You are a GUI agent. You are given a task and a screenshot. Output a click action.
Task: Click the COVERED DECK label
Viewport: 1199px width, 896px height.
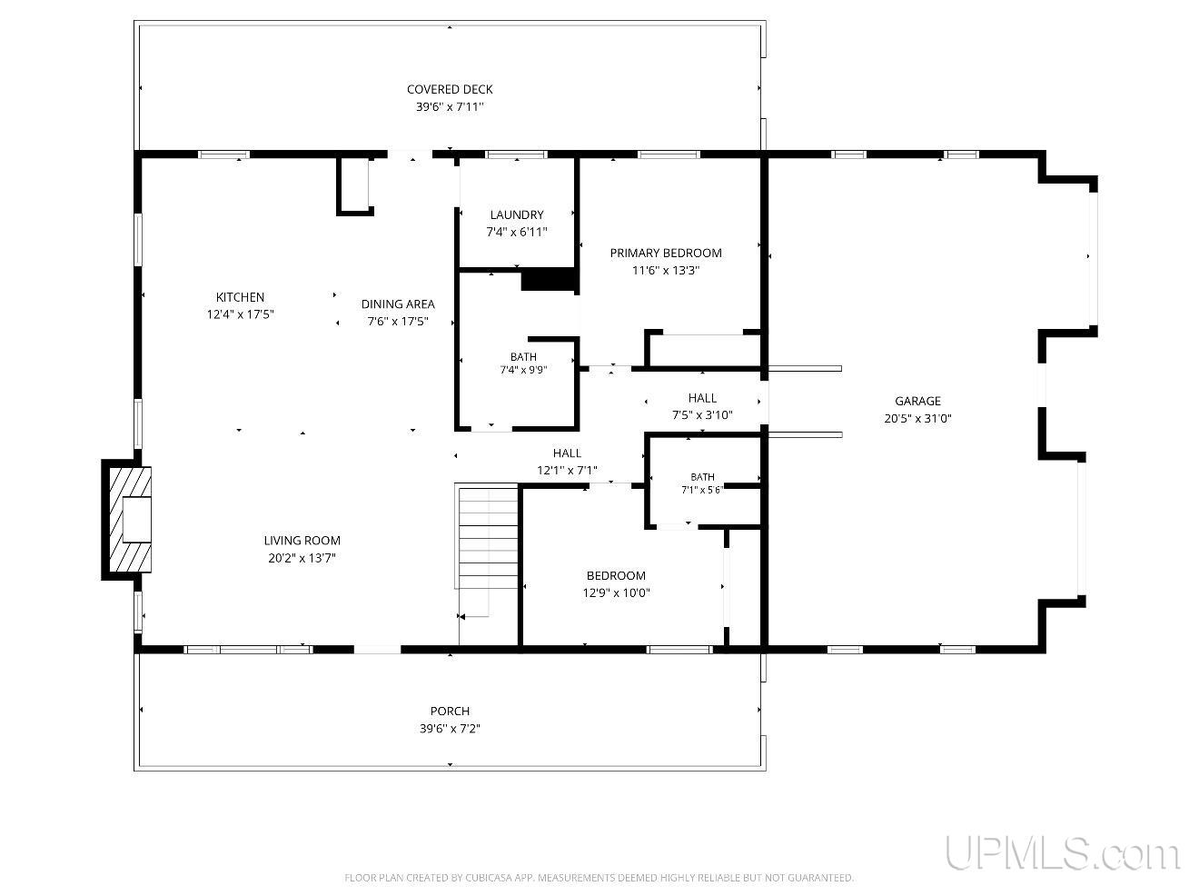(450, 89)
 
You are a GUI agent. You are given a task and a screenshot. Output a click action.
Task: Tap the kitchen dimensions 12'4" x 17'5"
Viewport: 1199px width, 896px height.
(240, 314)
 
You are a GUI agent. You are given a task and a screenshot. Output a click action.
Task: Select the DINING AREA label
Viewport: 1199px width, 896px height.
(398, 304)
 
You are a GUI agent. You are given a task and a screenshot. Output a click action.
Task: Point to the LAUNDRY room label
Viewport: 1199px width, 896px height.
(517, 214)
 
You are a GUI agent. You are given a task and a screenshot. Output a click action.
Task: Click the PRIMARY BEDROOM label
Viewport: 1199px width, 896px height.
(666, 253)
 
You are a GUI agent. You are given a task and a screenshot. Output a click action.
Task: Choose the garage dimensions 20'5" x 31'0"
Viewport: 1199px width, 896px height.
(917, 419)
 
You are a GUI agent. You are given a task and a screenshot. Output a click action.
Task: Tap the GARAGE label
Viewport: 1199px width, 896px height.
(917, 401)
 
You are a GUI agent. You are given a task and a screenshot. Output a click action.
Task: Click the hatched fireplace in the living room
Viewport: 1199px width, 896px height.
(131, 520)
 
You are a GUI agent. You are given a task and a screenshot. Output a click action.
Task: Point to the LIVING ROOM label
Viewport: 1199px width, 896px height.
(302, 541)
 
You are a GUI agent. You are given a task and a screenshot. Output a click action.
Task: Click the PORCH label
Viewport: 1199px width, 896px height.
(450, 711)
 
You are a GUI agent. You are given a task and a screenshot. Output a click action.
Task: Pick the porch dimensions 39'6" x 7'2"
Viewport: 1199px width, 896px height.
(450, 728)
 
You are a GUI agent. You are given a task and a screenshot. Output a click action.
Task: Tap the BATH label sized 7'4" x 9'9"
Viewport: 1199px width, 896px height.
(523, 357)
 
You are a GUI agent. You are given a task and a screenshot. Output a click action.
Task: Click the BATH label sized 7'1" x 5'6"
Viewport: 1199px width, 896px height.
(702, 477)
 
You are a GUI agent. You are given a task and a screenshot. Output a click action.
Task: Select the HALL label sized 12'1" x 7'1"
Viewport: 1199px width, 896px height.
(567, 453)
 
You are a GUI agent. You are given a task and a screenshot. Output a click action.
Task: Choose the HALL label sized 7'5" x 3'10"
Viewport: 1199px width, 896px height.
(702, 398)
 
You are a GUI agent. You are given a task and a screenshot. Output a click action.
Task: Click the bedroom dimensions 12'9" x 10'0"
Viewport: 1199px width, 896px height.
(616, 592)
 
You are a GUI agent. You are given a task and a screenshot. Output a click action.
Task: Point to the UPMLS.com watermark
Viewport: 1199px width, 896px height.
(1063, 853)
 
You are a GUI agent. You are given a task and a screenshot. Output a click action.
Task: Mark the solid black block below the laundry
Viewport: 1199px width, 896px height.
(548, 280)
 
